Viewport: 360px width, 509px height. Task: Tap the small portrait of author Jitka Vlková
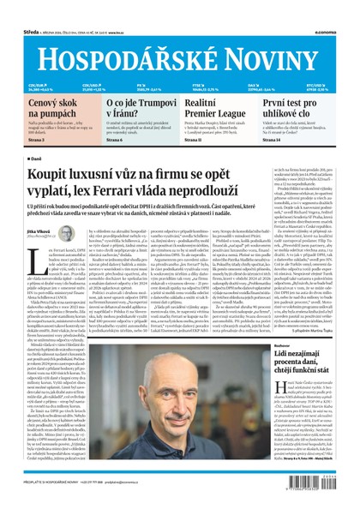[66, 234]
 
